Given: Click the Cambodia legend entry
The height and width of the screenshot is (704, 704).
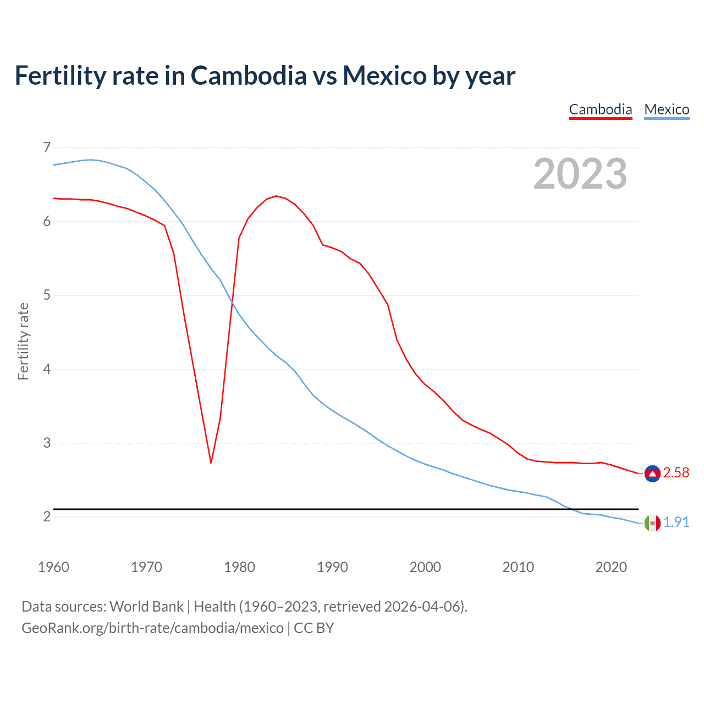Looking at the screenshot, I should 600,109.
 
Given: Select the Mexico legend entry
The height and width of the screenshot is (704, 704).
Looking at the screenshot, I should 667,109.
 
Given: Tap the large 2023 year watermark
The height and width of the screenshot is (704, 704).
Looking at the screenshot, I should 580,174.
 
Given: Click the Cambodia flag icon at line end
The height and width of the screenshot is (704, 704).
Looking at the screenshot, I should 652,473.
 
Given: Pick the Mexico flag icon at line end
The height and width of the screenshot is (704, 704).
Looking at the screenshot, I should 652,522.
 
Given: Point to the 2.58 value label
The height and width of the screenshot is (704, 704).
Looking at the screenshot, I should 676,473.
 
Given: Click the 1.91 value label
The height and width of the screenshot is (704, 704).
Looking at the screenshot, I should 676,522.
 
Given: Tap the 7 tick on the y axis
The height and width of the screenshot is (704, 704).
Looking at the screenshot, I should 47,147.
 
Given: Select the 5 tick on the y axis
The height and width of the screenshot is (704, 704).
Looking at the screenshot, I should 47,295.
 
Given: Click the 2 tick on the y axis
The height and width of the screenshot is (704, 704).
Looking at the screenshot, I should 47,516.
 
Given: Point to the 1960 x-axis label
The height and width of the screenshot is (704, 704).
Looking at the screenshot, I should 53,567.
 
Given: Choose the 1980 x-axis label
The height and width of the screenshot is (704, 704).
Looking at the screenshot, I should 239,567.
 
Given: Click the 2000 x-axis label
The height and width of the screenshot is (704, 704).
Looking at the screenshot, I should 425,567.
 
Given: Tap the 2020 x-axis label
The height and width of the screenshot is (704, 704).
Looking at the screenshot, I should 611,567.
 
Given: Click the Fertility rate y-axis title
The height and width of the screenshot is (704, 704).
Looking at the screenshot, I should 23,341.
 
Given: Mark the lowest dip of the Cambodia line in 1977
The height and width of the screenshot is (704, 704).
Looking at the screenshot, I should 211,463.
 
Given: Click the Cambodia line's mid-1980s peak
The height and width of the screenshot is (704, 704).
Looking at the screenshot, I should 276,196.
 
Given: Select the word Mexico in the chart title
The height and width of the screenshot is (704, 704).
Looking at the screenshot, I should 384,75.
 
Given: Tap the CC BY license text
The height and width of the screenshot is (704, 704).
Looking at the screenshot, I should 314,628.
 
